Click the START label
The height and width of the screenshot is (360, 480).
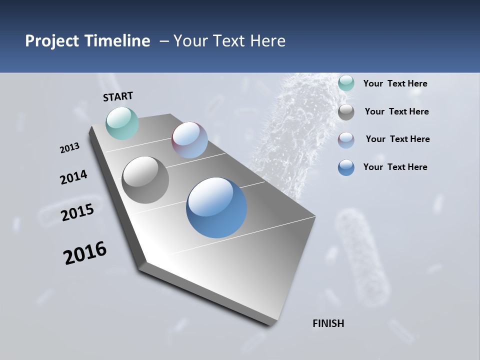coord(118,96)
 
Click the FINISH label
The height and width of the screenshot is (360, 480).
coord(328,323)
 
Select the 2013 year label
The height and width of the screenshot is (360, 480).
coord(70,148)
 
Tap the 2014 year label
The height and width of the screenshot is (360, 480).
coord(74,177)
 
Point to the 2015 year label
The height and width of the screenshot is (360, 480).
coord(77,212)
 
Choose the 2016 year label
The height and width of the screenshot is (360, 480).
coord(85,253)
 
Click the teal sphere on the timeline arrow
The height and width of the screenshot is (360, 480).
coord(122,123)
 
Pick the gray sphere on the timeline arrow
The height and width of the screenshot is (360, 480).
coord(145,180)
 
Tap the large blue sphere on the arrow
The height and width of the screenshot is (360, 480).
coord(216,207)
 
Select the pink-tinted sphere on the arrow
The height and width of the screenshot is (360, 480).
coord(189,140)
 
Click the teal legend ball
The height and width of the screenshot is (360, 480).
coord(346,83)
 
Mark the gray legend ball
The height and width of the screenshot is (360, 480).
coord(346,112)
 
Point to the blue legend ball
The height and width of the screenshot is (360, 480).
coord(346,167)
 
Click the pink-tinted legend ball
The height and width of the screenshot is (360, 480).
coord(346,140)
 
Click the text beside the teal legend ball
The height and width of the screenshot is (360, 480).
coord(395,83)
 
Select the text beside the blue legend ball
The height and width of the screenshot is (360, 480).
coord(395,167)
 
